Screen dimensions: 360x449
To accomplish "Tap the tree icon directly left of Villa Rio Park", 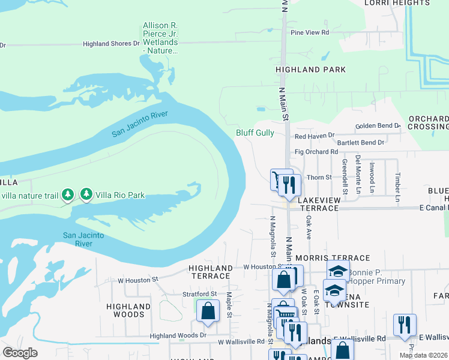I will [86, 194].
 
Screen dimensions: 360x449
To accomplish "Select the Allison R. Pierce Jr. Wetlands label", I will [160, 38].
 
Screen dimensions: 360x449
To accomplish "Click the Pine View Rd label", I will [310, 32].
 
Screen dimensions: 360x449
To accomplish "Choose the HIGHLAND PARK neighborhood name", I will [310, 70].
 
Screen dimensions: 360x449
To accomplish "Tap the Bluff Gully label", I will [255, 133].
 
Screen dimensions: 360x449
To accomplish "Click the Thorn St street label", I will [319, 178].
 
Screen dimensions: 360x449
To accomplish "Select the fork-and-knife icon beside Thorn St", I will [289, 184].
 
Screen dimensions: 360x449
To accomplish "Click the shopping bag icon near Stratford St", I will [207, 311].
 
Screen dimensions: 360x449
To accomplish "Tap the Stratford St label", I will [199, 294].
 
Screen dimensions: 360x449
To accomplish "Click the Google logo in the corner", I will [20, 353].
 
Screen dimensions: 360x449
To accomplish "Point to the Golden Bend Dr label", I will [378, 126].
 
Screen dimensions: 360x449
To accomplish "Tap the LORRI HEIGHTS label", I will [398, 3].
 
